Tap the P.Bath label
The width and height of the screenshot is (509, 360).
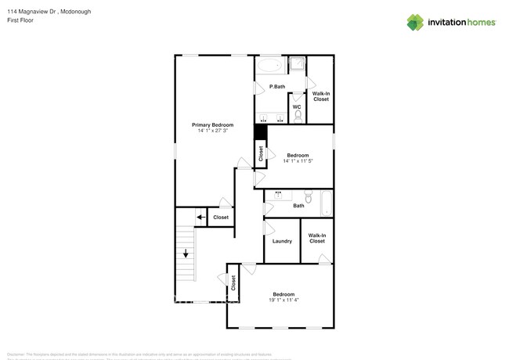(276, 86)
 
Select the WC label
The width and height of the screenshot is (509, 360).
(297, 106)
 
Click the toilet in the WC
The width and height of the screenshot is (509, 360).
(298, 116)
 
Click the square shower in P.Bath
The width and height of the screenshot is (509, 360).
(298, 65)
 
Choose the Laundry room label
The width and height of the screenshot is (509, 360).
(282, 241)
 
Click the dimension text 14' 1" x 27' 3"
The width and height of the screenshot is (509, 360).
(213, 131)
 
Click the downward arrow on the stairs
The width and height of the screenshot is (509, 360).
(186, 254)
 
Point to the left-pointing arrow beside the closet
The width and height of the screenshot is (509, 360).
(200, 217)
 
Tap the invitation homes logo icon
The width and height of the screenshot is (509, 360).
(415, 22)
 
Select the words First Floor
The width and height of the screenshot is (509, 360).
(20, 20)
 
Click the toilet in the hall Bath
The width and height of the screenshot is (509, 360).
(309, 199)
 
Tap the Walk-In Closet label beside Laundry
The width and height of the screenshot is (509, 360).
(316, 238)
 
